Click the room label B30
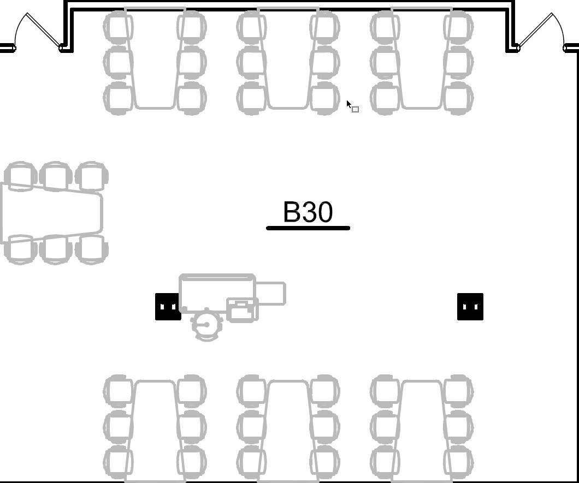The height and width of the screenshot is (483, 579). click(308, 212)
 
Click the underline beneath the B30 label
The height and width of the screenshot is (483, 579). click(308, 228)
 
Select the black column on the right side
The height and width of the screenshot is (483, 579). click(470, 307)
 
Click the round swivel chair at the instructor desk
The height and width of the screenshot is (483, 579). click(207, 325)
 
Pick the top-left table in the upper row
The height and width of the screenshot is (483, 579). click(155, 58)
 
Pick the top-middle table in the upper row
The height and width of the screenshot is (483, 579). click(288, 58)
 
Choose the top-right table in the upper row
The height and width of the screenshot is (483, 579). click(422, 58)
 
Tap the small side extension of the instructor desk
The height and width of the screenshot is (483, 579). click(271, 294)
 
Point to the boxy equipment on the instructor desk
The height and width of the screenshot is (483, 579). click(242, 311)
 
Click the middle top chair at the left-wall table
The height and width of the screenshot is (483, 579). click(56, 176)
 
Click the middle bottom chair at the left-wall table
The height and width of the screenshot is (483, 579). click(56, 249)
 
